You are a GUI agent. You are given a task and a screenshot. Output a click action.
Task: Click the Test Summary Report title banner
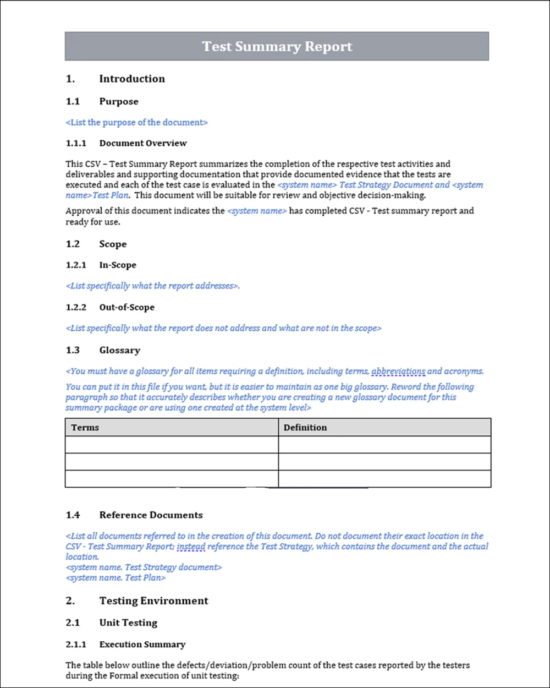[277, 46]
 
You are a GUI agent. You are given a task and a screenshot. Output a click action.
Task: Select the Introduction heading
[132, 79]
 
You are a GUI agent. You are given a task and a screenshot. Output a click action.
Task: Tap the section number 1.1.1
[76, 143]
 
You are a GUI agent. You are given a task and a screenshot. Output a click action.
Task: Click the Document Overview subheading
[143, 143]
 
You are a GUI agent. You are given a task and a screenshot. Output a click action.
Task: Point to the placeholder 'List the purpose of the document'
[136, 122]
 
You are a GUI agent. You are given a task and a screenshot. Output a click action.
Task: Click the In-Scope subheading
[118, 265]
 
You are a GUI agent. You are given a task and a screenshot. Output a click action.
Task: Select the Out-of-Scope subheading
[127, 307]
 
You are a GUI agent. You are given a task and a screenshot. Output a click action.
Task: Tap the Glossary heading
[120, 350]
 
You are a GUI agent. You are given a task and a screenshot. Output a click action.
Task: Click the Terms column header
[85, 427]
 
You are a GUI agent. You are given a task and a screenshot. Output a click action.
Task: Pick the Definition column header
[305, 427]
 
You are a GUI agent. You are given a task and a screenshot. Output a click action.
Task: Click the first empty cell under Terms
[172, 444]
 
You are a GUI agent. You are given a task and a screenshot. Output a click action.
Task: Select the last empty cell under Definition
[384, 478]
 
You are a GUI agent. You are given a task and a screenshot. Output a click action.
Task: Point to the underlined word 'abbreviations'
[398, 372]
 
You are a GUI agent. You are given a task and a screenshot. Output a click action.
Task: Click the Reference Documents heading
[151, 515]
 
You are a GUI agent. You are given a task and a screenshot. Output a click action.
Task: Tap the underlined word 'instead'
[191, 547]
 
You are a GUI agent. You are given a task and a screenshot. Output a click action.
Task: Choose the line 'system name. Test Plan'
[116, 578]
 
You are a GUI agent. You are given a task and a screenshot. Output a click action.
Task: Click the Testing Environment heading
[154, 600]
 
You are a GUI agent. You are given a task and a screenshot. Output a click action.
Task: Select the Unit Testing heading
[128, 623]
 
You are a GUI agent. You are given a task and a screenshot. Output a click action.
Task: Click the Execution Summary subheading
[142, 644]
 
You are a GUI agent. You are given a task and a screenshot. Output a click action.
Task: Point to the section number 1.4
[73, 515]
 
